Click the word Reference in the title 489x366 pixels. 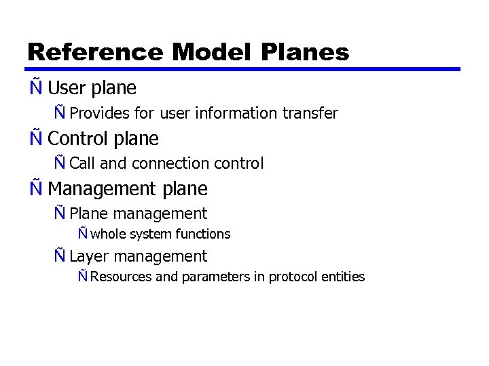(x=95, y=52)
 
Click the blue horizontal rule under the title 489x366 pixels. (x=244, y=69)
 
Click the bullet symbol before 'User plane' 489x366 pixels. (x=35, y=88)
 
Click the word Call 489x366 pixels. (x=83, y=163)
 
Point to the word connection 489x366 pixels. (x=170, y=163)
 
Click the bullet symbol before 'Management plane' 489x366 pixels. (x=35, y=188)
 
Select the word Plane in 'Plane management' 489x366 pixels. (x=89, y=213)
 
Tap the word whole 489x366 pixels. (x=107, y=235)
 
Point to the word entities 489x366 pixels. (x=344, y=277)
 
